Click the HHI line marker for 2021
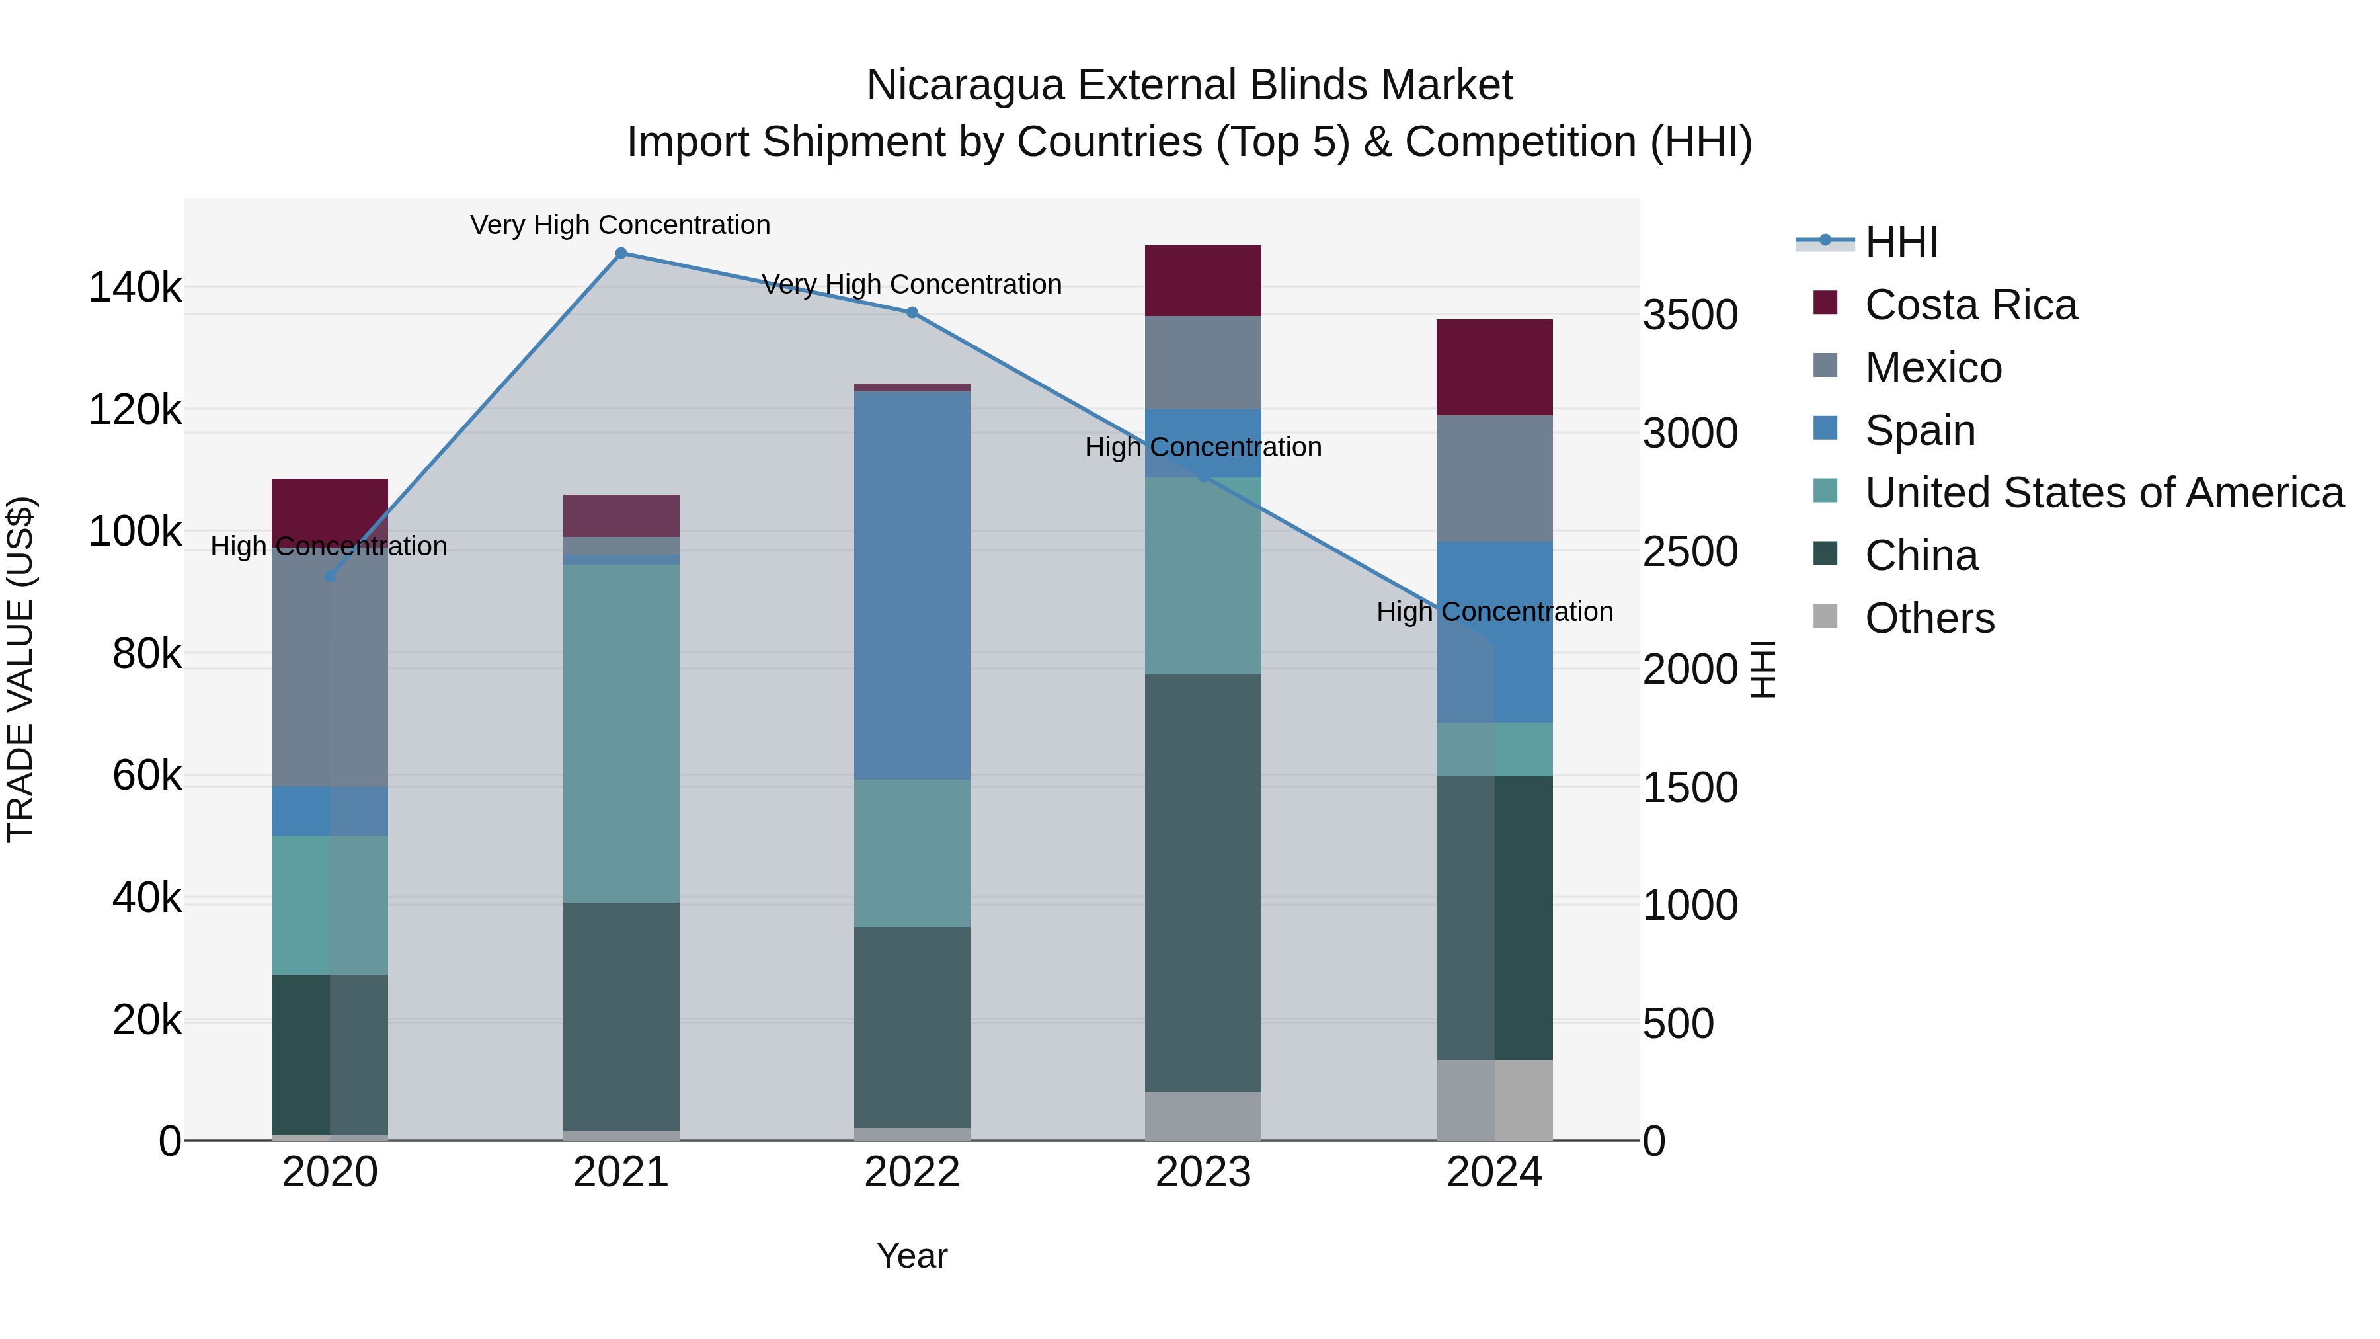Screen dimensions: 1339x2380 click(621, 253)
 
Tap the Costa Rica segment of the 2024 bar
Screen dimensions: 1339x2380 click(1494, 368)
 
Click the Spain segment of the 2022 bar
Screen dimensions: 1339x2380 click(912, 585)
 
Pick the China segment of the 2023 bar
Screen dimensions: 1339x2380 click(1203, 883)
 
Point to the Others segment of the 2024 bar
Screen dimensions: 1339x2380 click(1494, 1100)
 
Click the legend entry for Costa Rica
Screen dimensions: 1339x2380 click(1970, 305)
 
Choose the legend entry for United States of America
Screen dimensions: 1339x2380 click(2104, 493)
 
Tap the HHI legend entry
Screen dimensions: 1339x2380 click(1901, 242)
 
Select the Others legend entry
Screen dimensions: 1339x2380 click(1929, 618)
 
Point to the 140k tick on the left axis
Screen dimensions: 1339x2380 click(135, 288)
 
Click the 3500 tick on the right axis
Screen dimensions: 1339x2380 click(1690, 315)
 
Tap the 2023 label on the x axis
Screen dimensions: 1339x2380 click(1203, 1172)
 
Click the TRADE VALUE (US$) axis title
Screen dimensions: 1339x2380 click(20, 669)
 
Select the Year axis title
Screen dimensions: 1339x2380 click(912, 1256)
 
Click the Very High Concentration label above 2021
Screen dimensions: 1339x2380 click(620, 225)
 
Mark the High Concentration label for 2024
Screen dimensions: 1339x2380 click(1494, 612)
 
